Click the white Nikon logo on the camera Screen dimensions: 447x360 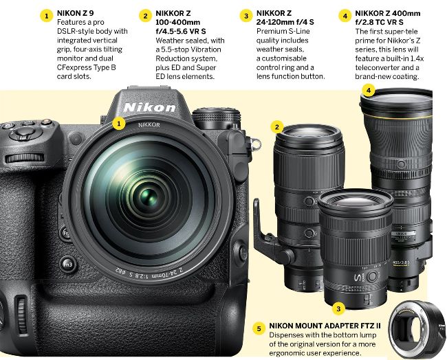click(x=149, y=107)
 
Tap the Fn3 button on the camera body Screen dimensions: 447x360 click(x=67, y=265)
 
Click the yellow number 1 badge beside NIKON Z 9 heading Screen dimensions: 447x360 click(x=47, y=16)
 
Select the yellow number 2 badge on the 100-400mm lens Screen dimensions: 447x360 click(x=277, y=126)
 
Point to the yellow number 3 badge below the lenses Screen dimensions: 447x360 click(x=338, y=308)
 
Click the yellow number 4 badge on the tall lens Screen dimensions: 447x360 click(x=369, y=91)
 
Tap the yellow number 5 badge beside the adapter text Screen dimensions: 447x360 click(x=259, y=329)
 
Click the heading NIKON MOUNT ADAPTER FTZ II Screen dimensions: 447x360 click(x=325, y=326)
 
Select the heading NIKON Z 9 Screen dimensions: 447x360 click(x=75, y=13)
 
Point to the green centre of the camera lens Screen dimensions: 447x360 click(x=149, y=196)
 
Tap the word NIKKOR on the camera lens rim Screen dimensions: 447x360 click(x=149, y=125)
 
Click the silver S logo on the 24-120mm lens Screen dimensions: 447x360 click(x=358, y=278)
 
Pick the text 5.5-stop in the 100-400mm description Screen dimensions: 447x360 click(x=175, y=49)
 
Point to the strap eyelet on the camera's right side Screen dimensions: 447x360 click(x=256, y=144)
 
